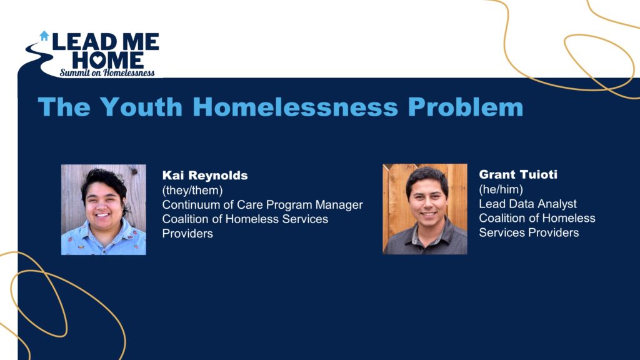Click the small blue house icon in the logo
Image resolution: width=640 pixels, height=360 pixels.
tap(44, 36)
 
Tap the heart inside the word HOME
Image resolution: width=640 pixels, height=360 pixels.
tap(98, 61)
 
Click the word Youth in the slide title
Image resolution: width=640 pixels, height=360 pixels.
tap(141, 107)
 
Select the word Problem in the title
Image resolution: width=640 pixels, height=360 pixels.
tap(465, 107)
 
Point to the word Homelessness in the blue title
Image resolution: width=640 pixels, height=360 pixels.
tap(295, 107)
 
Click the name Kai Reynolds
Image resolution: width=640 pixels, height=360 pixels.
tap(205, 176)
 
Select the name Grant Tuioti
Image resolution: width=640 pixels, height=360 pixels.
tap(518, 175)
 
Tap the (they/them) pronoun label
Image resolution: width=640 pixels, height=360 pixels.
tap(192, 191)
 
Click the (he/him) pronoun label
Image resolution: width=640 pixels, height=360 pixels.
tap(501, 189)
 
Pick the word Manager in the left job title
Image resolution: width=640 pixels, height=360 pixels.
tap(339, 205)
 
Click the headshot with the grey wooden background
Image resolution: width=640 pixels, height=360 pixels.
tap(104, 210)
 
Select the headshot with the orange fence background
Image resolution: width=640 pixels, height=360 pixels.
tap(425, 209)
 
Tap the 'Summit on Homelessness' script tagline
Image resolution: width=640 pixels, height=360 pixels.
tap(107, 72)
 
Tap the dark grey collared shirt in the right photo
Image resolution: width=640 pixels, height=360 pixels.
tap(425, 240)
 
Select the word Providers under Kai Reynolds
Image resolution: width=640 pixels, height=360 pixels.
tap(187, 234)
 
